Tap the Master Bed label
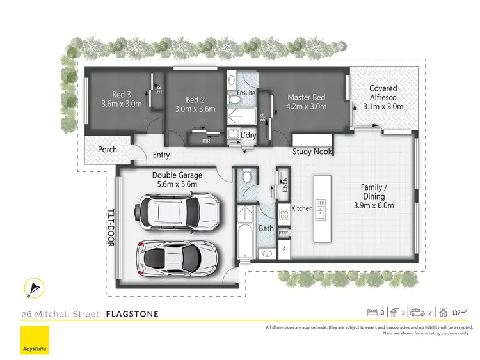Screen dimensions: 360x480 (307, 97)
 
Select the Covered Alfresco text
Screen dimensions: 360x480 (383, 93)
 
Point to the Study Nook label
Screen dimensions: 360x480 (312, 152)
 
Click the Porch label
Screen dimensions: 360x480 (107, 150)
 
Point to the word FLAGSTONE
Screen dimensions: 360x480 (132, 314)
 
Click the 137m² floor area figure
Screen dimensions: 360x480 (458, 313)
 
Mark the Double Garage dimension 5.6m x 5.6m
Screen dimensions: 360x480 (177, 184)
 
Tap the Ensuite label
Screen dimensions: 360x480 (246, 93)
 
